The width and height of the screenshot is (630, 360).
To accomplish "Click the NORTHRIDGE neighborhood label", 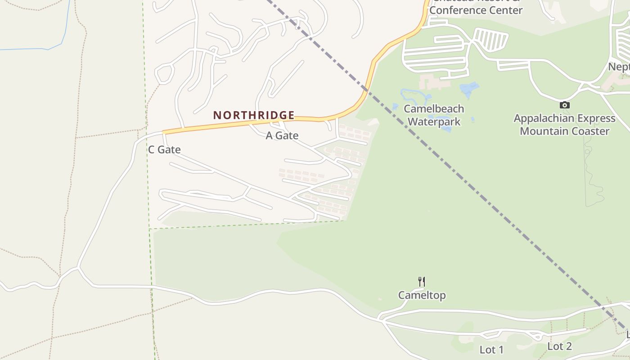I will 254,115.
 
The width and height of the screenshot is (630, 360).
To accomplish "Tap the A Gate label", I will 282,135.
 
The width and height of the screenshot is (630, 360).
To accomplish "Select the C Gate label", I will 164,150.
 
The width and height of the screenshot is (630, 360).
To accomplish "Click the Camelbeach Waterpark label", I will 434,115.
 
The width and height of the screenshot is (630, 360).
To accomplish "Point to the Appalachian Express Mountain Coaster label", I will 564,125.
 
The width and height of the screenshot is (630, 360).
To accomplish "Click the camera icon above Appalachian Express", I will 564,105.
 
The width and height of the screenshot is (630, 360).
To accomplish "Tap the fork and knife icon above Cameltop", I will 422,282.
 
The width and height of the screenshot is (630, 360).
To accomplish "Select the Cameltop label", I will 422,295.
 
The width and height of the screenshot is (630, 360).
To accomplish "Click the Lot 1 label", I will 491,350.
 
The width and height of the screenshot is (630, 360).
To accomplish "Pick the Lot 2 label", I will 559,346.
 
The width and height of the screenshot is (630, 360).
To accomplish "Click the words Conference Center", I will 476,10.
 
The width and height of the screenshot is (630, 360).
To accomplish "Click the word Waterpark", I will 434,121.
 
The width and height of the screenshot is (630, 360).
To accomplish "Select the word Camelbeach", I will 434,109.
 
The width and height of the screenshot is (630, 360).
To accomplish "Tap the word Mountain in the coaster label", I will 542,131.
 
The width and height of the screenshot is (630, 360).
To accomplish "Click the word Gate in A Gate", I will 288,135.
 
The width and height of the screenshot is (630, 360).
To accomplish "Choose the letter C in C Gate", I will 152,150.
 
